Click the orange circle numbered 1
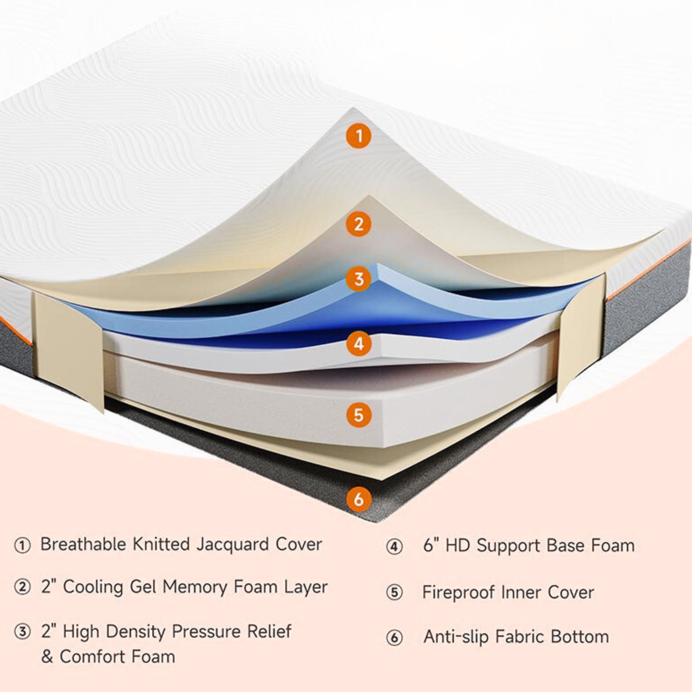click(359, 136)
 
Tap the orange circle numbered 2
click(359, 224)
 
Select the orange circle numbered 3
click(359, 279)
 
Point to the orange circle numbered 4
click(359, 344)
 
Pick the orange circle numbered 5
click(359, 415)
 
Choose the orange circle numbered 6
click(359, 499)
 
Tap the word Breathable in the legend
click(83, 544)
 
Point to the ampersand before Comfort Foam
click(47, 657)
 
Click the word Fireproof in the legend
click(458, 592)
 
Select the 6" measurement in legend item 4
click(431, 545)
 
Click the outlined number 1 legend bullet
click(22, 545)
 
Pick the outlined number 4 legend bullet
click(394, 547)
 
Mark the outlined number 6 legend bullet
click(394, 638)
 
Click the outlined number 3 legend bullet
click(22, 632)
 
